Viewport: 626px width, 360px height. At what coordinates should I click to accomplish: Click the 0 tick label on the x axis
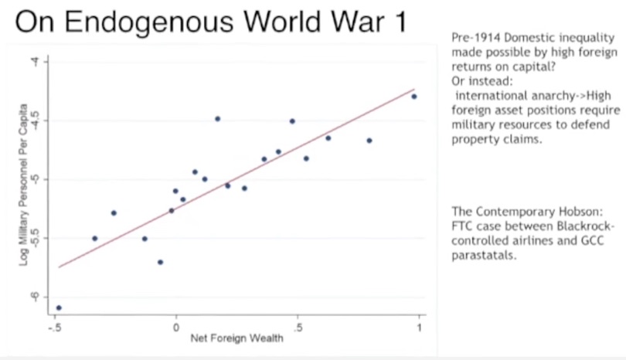175,326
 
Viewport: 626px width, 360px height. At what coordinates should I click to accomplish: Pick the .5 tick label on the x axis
297,326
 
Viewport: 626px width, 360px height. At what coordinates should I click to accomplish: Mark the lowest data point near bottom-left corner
59,307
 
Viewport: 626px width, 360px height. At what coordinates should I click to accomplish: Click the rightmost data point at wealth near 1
414,97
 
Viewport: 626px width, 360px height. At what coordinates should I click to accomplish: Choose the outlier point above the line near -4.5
217,118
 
